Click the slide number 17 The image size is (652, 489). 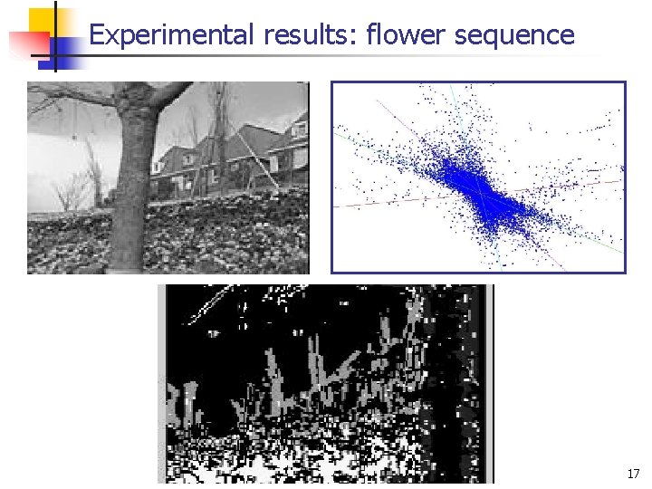coord(632,474)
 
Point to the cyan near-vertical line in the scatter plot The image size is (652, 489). coord(455,102)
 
